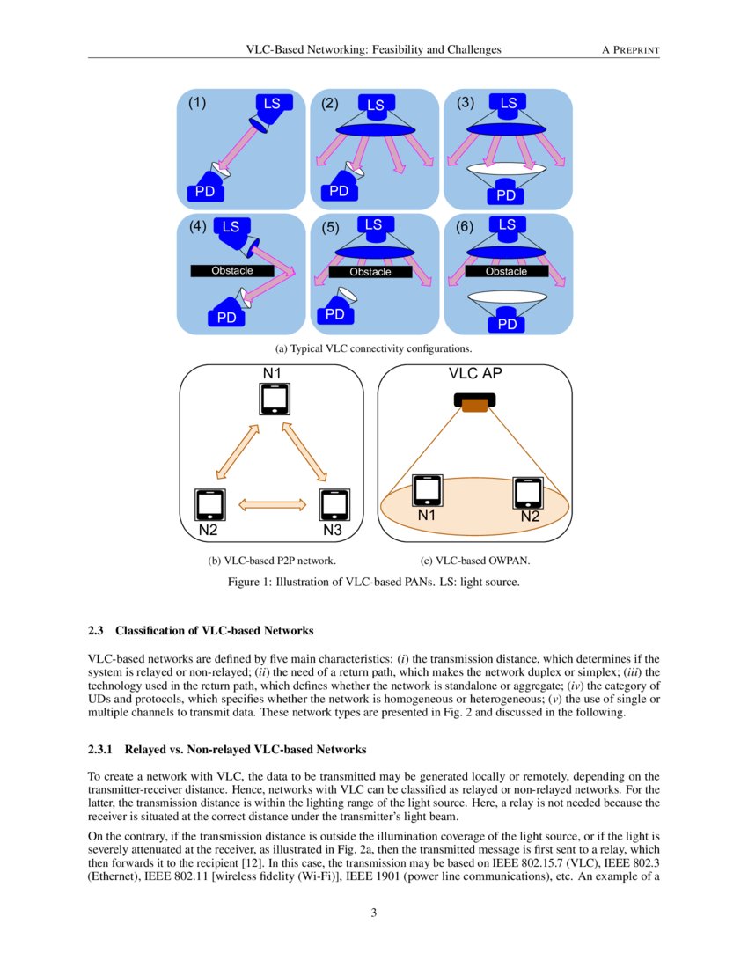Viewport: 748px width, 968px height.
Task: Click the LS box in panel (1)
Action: (x=272, y=104)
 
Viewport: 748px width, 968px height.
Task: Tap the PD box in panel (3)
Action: (x=507, y=194)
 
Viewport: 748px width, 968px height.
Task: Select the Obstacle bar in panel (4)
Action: (x=232, y=270)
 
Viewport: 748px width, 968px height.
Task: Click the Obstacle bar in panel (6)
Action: (x=506, y=271)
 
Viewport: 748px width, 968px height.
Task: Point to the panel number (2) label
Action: (x=330, y=103)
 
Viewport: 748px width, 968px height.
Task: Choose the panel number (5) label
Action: (x=330, y=227)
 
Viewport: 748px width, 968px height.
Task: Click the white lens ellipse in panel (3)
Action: (x=507, y=167)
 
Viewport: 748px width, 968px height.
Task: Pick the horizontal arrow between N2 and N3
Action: (x=272, y=504)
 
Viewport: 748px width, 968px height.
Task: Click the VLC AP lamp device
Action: (x=475, y=402)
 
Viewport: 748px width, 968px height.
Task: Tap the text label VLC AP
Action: (x=475, y=373)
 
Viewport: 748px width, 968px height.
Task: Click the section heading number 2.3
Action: (x=97, y=631)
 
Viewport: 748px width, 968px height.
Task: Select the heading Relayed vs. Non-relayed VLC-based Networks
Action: (x=246, y=750)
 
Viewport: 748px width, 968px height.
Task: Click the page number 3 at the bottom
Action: (x=374, y=913)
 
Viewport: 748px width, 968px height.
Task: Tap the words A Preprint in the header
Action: (x=630, y=49)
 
